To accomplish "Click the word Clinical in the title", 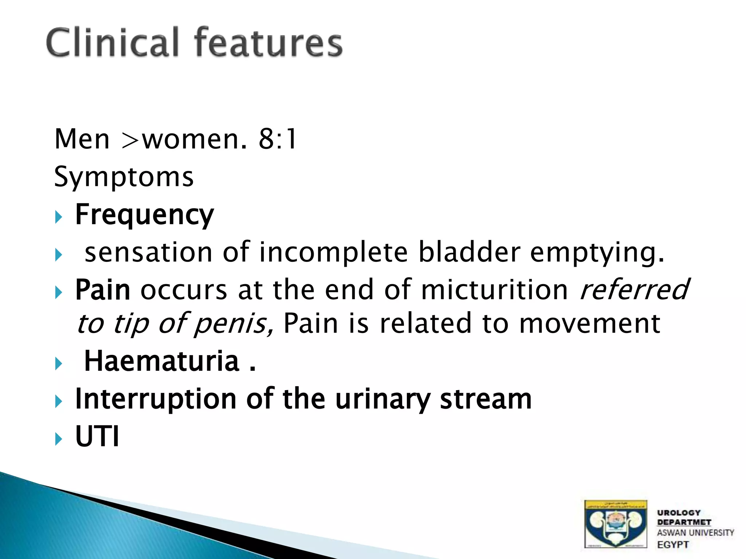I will coord(113,43).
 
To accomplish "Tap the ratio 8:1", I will coord(278,139).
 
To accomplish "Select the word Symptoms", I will coord(124,177).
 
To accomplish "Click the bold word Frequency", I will coord(144,215).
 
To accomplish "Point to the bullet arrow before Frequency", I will coord(59,217).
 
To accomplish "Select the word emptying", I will coord(597,252).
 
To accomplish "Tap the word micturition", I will coord(494,290).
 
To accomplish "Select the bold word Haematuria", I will coord(162,361).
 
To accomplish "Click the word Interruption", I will coord(156,399).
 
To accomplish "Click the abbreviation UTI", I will coord(97,436).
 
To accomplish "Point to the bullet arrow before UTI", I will coord(59,439).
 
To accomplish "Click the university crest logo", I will coord(615,524).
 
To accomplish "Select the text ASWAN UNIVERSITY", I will coord(695,533).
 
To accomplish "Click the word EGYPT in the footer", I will coord(673,545).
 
